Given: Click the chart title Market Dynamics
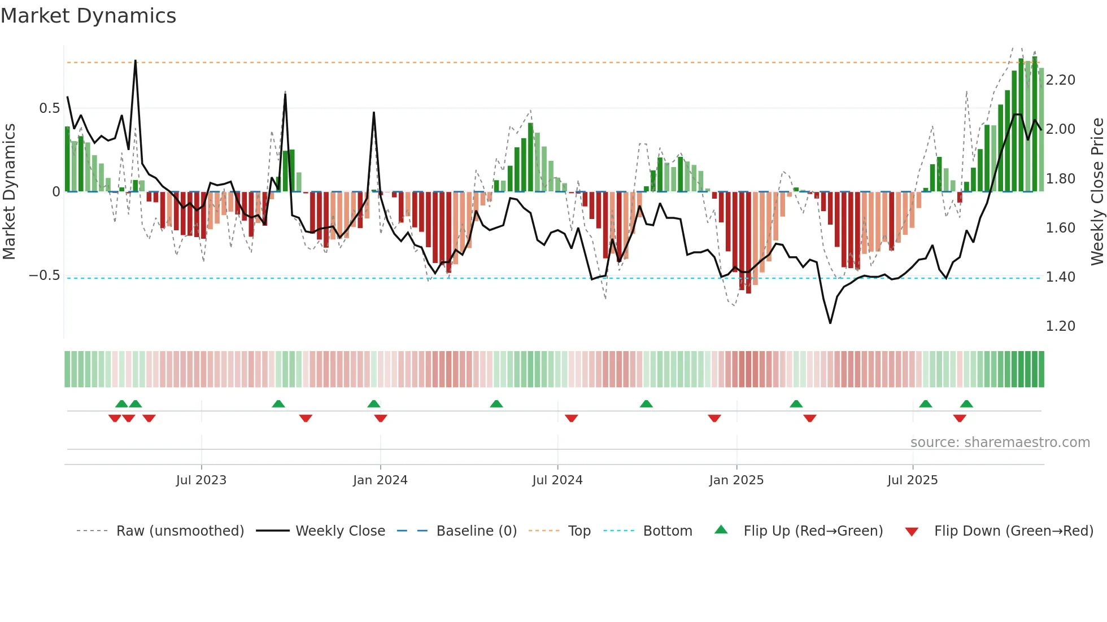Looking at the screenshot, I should pos(88,16).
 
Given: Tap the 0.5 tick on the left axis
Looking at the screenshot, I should pos(49,108).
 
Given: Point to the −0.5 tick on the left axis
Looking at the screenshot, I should pos(45,275).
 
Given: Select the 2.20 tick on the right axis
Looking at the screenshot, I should pos(1060,80).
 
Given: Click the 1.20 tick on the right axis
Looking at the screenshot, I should pos(1060,326).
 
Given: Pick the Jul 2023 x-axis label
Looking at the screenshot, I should pos(201,480).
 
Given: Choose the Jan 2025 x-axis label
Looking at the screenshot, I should pos(736,480).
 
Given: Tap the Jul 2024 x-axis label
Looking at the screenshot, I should pos(557,480).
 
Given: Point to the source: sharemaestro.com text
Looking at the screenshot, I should pos(1000,443).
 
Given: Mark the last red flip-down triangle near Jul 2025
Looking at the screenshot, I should pos(960,418).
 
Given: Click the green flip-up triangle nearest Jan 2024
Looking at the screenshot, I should pos(373,404).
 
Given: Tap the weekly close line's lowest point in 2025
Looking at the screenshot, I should pos(830,323).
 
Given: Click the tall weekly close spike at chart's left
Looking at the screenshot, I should pos(136,61).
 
